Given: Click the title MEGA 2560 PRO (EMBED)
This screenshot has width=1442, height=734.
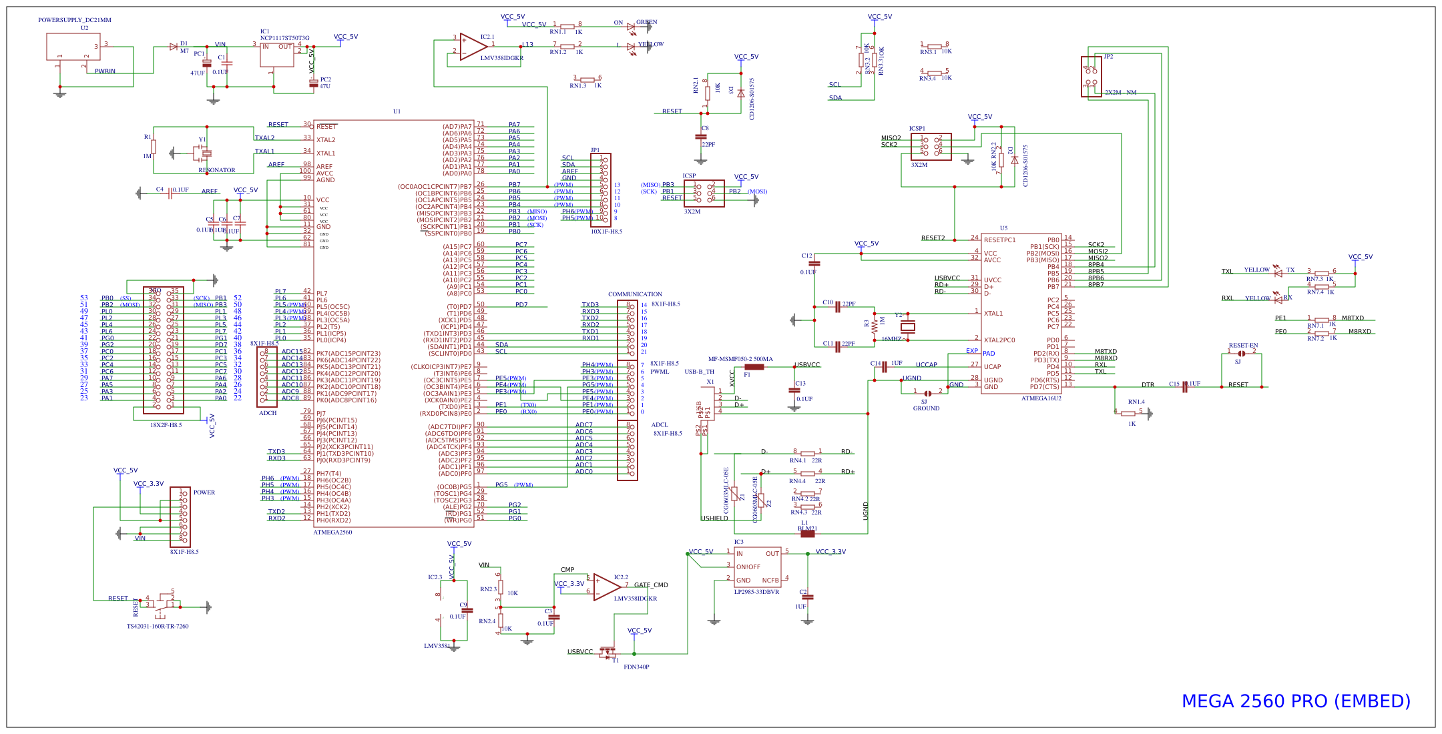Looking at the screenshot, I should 1296,701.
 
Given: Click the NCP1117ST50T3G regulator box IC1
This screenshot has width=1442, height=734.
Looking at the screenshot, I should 276,55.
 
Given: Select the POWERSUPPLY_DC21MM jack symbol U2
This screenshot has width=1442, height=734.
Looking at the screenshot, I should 73,47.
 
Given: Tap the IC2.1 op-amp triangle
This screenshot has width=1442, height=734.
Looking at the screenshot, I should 472,47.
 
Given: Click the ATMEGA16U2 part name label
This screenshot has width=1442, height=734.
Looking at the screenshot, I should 1041,398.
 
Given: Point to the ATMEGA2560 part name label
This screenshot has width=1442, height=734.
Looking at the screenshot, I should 332,532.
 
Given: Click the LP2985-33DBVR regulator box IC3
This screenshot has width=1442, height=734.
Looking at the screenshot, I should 757,567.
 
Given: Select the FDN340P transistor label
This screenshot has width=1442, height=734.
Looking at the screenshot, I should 636,667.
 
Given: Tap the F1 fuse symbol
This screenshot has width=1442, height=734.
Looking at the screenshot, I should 754,367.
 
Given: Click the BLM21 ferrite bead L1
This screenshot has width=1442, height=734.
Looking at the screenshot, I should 807,533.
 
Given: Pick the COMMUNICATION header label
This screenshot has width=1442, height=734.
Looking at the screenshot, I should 635,294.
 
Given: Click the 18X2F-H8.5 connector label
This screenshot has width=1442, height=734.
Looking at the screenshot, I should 166,425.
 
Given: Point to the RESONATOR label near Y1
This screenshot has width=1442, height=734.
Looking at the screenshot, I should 216,170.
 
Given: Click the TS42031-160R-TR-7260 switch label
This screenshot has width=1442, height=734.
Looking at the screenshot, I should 158,627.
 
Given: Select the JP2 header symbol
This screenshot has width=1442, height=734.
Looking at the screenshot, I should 1091,77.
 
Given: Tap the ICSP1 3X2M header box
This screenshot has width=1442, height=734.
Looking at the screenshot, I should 931,147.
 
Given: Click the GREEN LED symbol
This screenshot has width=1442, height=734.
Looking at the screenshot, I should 631,27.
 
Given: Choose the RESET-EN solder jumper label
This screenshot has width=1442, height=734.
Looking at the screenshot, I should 1243,346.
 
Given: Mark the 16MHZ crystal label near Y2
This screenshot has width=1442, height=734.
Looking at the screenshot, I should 891,339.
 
